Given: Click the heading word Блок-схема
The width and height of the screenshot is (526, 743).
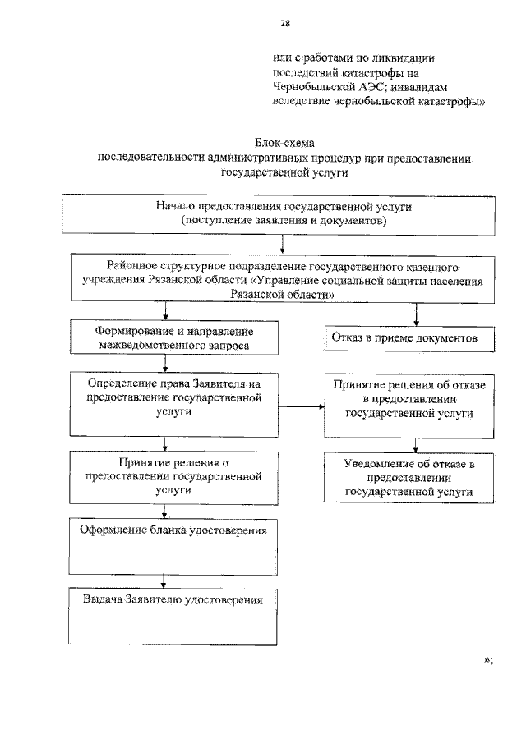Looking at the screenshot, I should pyautogui.click(x=283, y=144).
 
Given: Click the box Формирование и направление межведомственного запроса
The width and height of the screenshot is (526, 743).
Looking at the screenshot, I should pyautogui.click(x=168, y=338).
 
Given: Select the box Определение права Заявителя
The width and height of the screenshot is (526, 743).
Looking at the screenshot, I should pyautogui.click(x=168, y=405).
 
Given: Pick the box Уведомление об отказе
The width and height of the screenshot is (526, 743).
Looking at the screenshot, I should pyautogui.click(x=408, y=477).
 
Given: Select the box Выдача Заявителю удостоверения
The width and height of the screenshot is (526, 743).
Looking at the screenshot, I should pyautogui.click(x=168, y=617).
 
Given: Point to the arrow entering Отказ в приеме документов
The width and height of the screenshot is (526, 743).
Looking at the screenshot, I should pyautogui.click(x=416, y=316).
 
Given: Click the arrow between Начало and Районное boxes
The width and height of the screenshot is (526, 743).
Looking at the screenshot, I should pyautogui.click(x=283, y=243).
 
